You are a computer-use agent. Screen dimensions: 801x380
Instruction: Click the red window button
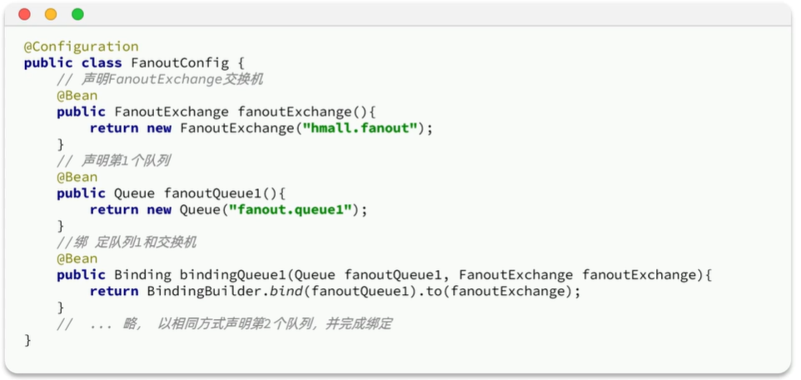click(24, 14)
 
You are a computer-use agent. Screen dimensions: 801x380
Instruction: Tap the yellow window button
click(51, 14)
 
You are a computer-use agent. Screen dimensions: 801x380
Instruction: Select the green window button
click(77, 14)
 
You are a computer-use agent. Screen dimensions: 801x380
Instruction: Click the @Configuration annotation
click(82, 47)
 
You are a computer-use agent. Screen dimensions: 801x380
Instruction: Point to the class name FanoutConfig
click(180, 62)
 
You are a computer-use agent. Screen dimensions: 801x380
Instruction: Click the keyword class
click(102, 62)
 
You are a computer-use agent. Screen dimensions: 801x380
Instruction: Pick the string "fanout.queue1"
click(290, 210)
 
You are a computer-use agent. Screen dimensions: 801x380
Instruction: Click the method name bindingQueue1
click(233, 275)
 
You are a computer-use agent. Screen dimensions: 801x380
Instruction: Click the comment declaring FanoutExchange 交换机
click(160, 80)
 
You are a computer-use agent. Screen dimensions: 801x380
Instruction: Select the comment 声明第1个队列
click(113, 161)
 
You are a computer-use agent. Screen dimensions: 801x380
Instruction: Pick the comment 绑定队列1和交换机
click(127, 242)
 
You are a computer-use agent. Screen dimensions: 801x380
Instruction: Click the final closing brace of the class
click(27, 341)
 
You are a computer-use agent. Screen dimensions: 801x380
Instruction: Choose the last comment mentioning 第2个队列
click(224, 324)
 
